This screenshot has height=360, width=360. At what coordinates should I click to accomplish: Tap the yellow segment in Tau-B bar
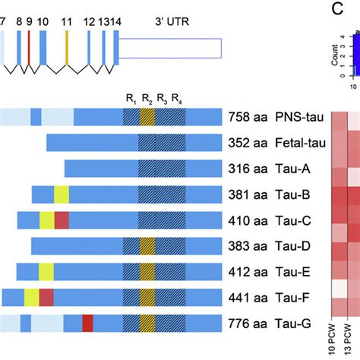point(61,194)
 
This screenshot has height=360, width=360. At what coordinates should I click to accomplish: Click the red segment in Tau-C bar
point(62,220)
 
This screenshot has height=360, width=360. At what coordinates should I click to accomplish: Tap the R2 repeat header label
point(147,98)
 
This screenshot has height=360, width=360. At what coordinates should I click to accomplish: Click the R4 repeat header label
point(177,98)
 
